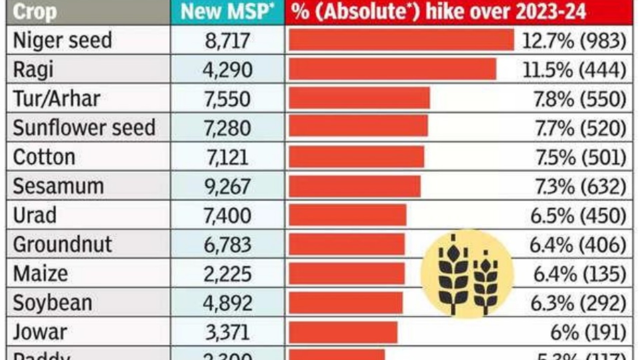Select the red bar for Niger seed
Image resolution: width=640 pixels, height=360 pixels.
[x=401, y=40]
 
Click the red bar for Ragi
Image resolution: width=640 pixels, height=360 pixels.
[x=392, y=69]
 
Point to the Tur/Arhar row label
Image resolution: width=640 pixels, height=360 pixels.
[x=57, y=99]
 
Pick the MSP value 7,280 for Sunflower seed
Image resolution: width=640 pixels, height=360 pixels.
[x=227, y=128]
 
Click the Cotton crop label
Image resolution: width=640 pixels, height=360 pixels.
[x=44, y=157]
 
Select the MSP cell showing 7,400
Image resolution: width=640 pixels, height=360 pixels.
[x=227, y=216]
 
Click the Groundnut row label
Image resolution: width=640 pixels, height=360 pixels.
[x=62, y=245]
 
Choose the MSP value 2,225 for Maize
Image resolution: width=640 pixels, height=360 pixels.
[x=227, y=274]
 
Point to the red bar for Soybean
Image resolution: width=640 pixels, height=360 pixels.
[x=346, y=303]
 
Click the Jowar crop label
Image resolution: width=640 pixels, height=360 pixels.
[x=40, y=332]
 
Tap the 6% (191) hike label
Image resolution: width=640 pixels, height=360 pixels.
[x=588, y=332]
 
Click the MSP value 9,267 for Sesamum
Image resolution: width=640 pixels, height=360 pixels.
[x=227, y=186]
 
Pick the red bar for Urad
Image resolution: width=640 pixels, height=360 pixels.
[x=347, y=215]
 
